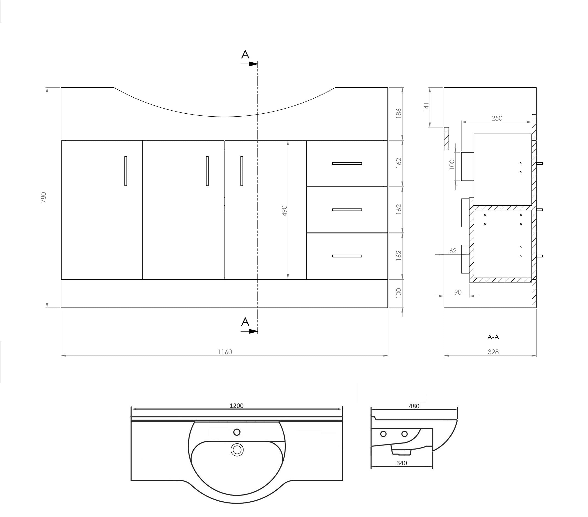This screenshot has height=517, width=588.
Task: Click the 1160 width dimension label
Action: pyautogui.click(x=225, y=352)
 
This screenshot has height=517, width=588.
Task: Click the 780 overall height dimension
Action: pyautogui.click(x=44, y=197)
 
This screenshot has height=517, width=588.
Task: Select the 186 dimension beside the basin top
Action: pyautogui.click(x=399, y=113)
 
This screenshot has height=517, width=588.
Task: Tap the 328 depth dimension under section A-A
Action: pyautogui.click(x=493, y=352)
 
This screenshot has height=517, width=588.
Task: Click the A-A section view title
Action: pyautogui.click(x=493, y=337)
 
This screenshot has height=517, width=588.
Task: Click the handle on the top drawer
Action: pyautogui.click(x=347, y=163)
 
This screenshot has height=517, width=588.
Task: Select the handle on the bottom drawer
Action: pyautogui.click(x=347, y=256)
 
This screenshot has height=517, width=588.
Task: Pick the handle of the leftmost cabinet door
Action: pyautogui.click(x=125, y=171)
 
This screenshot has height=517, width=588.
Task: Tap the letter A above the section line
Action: pyautogui.click(x=245, y=55)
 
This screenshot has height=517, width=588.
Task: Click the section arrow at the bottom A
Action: pyautogui.click(x=250, y=331)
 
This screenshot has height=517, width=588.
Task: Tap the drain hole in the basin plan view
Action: pyautogui.click(x=237, y=450)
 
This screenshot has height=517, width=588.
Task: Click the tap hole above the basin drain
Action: pyautogui.click(x=237, y=432)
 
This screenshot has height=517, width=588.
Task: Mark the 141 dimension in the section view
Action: pyautogui.click(x=426, y=107)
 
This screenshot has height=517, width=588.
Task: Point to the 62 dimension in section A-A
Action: pyautogui.click(x=453, y=251)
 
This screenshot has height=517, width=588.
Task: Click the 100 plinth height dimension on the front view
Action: pyautogui.click(x=399, y=293)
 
